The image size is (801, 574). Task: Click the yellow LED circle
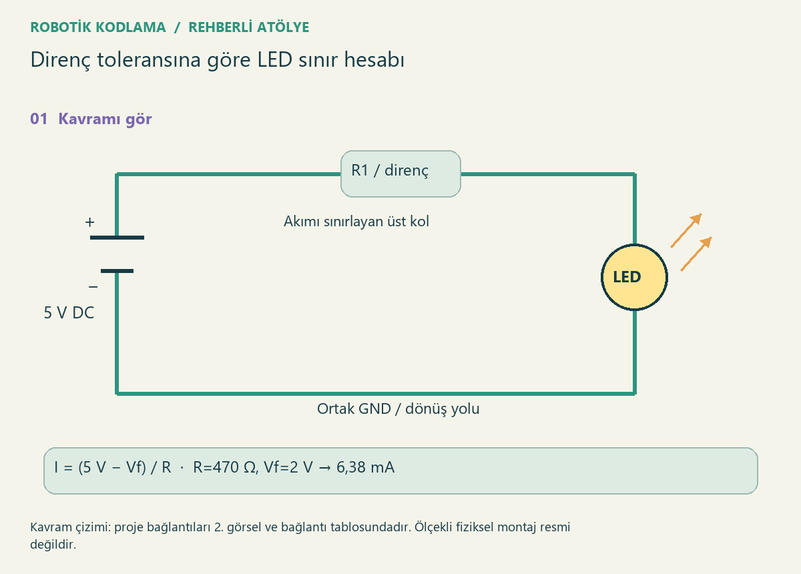pyautogui.click(x=634, y=277)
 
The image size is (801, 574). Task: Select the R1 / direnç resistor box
pyautogui.click(x=400, y=174)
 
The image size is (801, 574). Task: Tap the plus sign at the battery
pyautogui.click(x=89, y=222)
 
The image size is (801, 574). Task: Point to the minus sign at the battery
pyautogui.click(x=93, y=286)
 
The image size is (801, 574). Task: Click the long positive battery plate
pyautogui.click(x=117, y=238)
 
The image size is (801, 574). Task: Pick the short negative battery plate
pyautogui.click(x=117, y=271)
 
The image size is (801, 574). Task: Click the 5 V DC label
pyautogui.click(x=69, y=312)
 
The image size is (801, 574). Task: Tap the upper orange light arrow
pyautogui.click(x=686, y=230)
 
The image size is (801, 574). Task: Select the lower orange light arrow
pyautogui.click(x=696, y=254)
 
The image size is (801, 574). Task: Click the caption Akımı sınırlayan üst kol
pyautogui.click(x=356, y=222)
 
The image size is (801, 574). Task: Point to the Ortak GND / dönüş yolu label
pyautogui.click(x=398, y=408)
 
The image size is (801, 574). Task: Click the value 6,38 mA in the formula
pyautogui.click(x=366, y=467)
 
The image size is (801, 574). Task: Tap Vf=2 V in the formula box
pyautogui.click(x=288, y=467)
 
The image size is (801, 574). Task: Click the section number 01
pyautogui.click(x=39, y=119)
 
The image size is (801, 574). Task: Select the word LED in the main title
pyautogui.click(x=274, y=59)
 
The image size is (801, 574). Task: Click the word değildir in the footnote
pyautogui.click(x=53, y=545)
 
